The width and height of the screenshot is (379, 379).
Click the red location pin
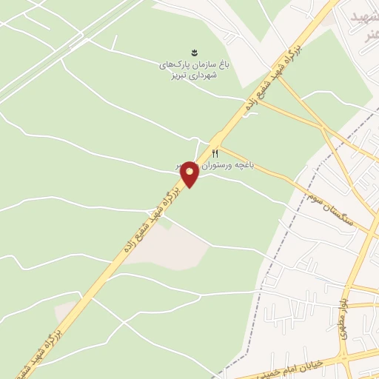tap(189, 174)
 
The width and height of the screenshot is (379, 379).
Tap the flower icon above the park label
tap(194, 52)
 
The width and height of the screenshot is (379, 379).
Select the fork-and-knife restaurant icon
tap(215, 152)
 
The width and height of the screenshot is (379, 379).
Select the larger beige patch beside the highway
tap(175, 248)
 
